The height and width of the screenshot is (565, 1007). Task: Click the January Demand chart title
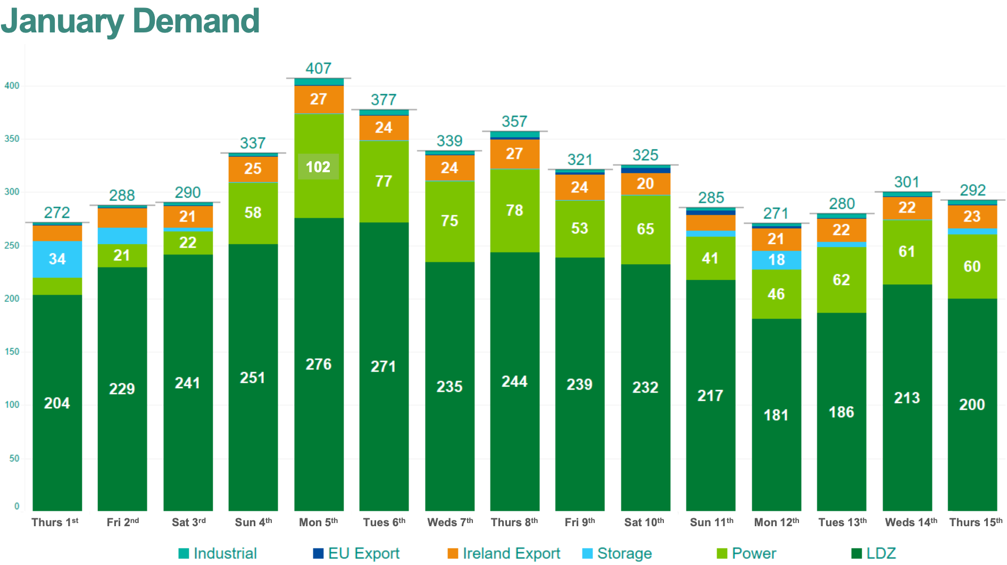pyautogui.click(x=130, y=21)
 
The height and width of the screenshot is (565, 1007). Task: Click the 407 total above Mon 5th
pyautogui.click(x=318, y=69)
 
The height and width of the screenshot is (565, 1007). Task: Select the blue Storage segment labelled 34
pyautogui.click(x=57, y=259)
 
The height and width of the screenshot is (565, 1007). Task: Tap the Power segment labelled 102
pyautogui.click(x=318, y=167)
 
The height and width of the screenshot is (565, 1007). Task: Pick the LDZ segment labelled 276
pyautogui.click(x=318, y=364)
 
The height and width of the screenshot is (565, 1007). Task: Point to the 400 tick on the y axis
pyautogui.click(x=12, y=86)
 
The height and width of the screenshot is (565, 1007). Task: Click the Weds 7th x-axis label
pyautogui.click(x=450, y=522)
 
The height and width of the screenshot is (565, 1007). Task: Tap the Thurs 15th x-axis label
pyautogui.click(x=976, y=522)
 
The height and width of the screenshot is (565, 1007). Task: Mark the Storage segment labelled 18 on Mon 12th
pyautogui.click(x=776, y=260)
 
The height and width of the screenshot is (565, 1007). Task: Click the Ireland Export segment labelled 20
pyautogui.click(x=645, y=184)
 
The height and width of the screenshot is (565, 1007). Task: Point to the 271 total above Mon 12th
pyautogui.click(x=776, y=214)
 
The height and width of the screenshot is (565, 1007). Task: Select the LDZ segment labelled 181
pyautogui.click(x=776, y=415)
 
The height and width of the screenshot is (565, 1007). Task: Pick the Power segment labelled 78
pyautogui.click(x=514, y=210)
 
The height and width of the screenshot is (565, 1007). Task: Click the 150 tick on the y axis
pyautogui.click(x=12, y=352)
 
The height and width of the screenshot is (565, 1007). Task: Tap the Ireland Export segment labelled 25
pyautogui.click(x=253, y=169)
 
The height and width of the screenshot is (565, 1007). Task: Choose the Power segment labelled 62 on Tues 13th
pyautogui.click(x=841, y=280)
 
